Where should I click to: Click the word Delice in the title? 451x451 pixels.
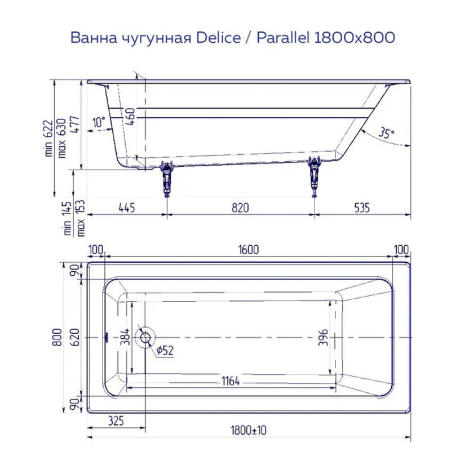click(x=218, y=37)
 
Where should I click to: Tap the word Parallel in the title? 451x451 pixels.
click(x=284, y=37)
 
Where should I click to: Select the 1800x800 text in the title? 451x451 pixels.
click(x=355, y=37)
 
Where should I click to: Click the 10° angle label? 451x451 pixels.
click(x=99, y=122)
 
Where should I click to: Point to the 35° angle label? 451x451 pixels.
click(x=386, y=132)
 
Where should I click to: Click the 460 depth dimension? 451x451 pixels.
click(x=131, y=117)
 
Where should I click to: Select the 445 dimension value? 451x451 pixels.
click(x=126, y=207)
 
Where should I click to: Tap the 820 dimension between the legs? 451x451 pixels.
click(x=240, y=207)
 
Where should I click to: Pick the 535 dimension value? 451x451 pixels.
click(x=362, y=207)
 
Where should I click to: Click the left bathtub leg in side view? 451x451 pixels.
click(x=167, y=179)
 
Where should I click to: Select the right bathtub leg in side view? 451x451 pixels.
click(x=315, y=176)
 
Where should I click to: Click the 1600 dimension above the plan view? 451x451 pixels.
click(x=249, y=250)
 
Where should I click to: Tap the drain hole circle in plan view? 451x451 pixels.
click(x=145, y=337)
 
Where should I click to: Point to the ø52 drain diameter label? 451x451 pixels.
click(x=165, y=350)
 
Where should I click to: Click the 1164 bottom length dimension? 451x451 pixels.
click(x=231, y=381)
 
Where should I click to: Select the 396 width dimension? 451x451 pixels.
click(x=323, y=337)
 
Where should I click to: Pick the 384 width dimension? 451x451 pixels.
click(x=125, y=337)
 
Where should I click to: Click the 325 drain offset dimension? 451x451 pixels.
click(x=116, y=421)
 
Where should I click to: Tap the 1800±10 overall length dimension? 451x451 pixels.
click(x=249, y=431)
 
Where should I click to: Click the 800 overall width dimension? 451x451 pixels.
click(x=58, y=337)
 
